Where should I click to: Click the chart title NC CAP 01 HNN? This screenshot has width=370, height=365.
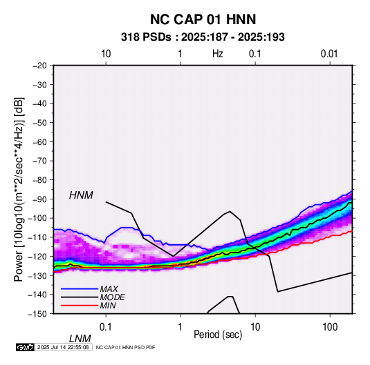203,19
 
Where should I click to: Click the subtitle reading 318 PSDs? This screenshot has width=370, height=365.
146,37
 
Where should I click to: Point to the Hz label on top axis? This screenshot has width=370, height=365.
218,54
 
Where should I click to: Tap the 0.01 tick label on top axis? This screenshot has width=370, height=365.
329,54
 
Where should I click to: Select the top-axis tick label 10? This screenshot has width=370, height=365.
106,54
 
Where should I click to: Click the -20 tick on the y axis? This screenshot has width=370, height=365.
39,66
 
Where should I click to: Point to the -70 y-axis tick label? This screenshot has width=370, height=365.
39,161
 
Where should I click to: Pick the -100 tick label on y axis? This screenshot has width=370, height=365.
37,218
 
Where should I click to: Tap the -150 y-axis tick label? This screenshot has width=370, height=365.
37,314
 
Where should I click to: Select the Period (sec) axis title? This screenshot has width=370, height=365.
218,335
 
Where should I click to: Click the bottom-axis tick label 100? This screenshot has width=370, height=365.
330,327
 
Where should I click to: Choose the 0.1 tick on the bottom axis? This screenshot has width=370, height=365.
106,327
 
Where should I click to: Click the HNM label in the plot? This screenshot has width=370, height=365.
81,195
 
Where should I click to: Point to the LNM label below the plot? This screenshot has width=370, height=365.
80,339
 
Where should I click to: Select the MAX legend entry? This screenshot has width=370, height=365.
109,289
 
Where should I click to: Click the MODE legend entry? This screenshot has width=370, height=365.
112,297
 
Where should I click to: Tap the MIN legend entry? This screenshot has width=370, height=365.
108,306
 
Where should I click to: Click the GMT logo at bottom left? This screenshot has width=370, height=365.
25,347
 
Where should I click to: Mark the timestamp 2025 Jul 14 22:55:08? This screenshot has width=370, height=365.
63,347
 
